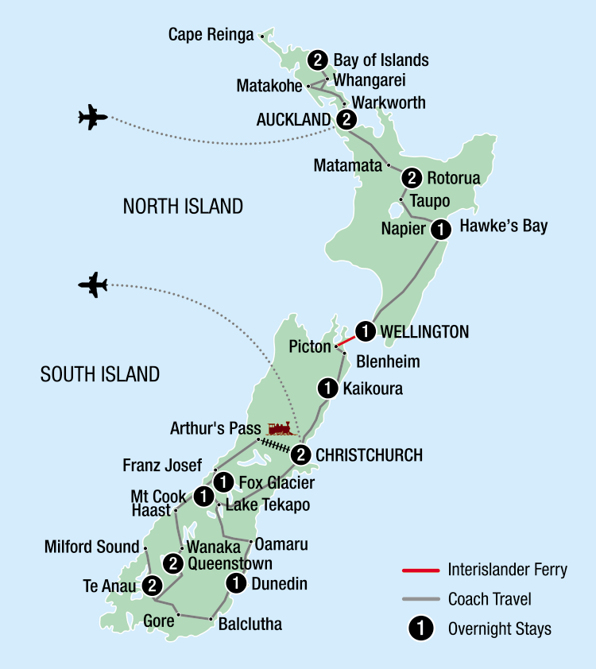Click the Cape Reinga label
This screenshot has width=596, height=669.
click(x=211, y=35)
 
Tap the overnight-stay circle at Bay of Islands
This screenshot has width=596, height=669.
click(x=319, y=60)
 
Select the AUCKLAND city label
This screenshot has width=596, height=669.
click(x=293, y=120)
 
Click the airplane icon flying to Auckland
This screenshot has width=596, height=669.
click(x=93, y=118)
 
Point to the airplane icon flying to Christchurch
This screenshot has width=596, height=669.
click(x=93, y=284)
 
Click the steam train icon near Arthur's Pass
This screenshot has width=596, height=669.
click(x=281, y=429)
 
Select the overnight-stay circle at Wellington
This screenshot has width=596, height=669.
click(x=365, y=331)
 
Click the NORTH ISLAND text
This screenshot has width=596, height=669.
click(x=183, y=207)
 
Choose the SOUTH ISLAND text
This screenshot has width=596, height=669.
click(x=100, y=374)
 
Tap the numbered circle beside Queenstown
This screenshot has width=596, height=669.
click(x=173, y=564)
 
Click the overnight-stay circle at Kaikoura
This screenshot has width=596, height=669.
click(x=327, y=389)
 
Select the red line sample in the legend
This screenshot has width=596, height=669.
click(x=420, y=570)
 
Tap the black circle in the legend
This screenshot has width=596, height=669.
click(x=420, y=629)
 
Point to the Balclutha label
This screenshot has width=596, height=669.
click(x=250, y=625)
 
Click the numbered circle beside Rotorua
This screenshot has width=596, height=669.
click(x=412, y=178)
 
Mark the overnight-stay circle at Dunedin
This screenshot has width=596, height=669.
click(x=236, y=584)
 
